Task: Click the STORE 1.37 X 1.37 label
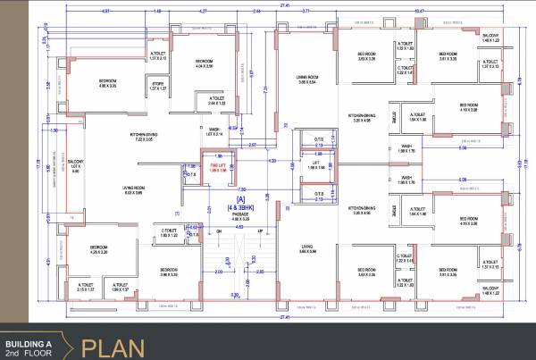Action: coord(159,88)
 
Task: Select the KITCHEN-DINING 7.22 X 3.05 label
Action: coord(142,138)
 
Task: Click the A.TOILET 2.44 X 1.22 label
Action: coord(217,101)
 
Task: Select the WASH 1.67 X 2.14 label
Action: coord(215,131)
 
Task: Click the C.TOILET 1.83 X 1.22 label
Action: coord(172,234)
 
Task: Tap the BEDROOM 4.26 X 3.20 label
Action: coord(98,250)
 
